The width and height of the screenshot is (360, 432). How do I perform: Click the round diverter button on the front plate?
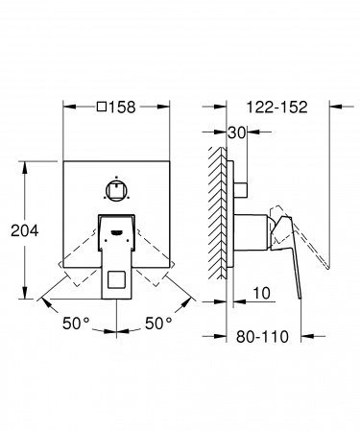116,161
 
